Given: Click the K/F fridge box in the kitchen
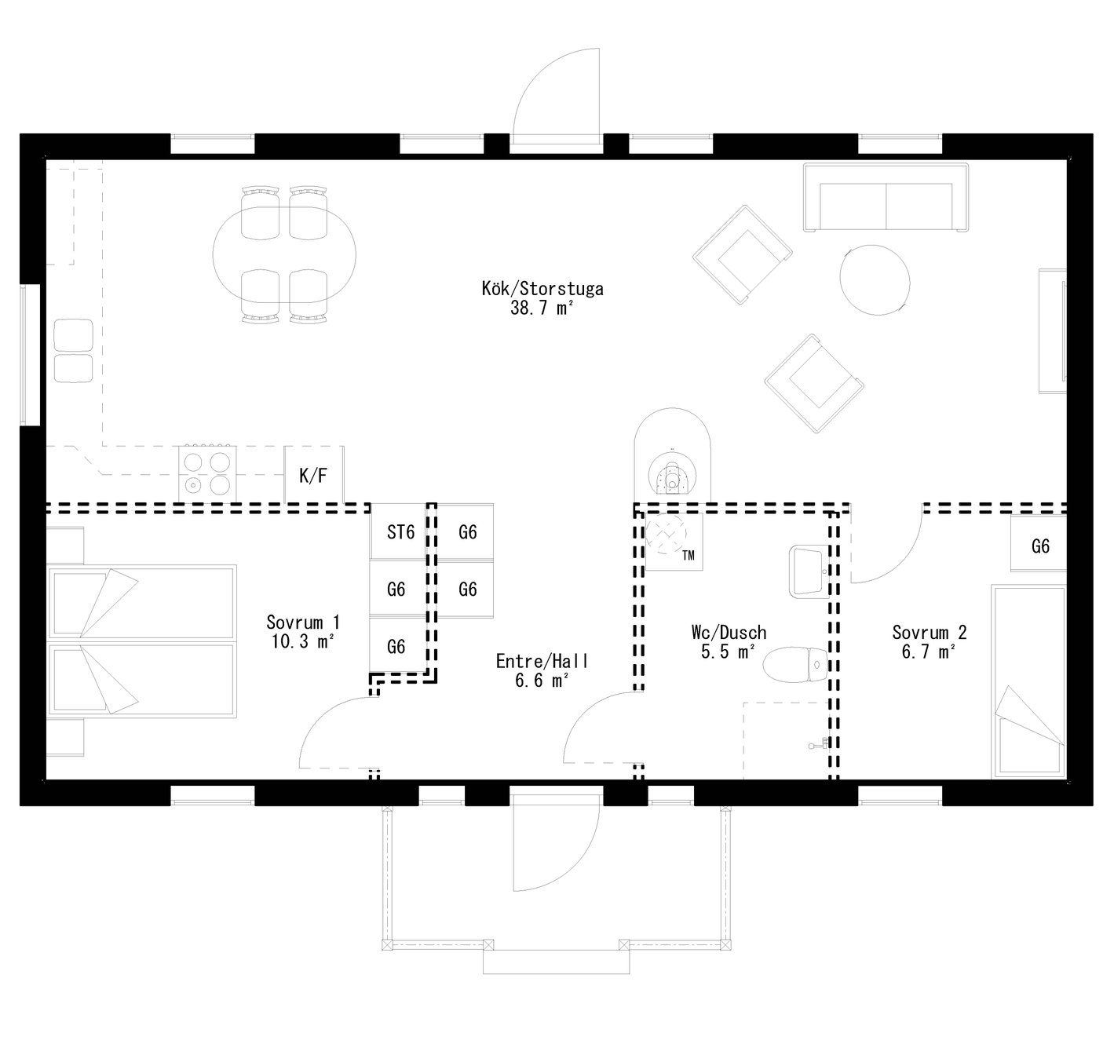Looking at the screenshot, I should click(313, 475).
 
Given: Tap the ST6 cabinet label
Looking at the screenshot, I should click(400, 532).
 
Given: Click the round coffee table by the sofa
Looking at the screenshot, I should click(875, 280).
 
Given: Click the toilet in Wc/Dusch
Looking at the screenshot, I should click(796, 665).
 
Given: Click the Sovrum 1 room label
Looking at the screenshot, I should click(303, 622).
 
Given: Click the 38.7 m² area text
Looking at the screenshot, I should click(542, 308).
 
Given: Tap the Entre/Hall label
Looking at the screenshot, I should click(542, 662).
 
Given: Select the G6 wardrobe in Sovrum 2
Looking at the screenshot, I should click(1039, 546).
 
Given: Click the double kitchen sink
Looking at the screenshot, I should click(73, 351).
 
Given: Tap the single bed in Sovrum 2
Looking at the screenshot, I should click(1028, 681).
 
